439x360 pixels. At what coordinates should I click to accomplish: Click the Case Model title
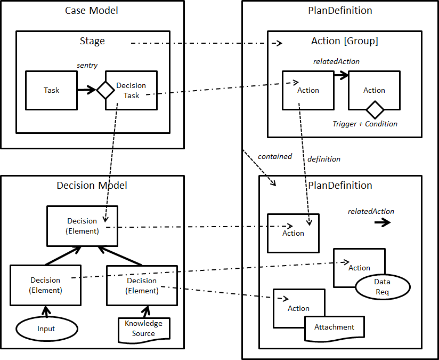tap(92, 11)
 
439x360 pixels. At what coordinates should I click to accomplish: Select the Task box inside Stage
tap(51, 90)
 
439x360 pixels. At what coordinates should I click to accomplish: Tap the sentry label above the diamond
tap(87, 65)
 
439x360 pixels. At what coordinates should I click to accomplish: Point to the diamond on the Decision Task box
tap(105, 90)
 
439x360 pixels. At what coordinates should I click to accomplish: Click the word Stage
tap(92, 41)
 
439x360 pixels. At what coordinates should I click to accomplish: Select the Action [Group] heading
tap(345, 41)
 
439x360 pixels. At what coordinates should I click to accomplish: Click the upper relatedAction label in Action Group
tap(336, 61)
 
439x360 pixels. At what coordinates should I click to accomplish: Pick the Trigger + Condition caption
tap(365, 124)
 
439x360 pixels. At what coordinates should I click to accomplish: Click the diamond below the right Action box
tap(375, 110)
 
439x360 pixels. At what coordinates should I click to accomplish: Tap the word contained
tap(275, 156)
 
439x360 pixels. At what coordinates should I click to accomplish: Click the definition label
tap(324, 159)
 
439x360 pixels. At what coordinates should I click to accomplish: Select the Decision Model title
tap(92, 186)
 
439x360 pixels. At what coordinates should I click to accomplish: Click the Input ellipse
tap(46, 329)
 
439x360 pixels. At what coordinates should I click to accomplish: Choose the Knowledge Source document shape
tap(143, 329)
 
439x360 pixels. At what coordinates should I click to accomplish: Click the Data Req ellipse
tap(382, 286)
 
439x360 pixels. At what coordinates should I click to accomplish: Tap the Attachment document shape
tap(335, 327)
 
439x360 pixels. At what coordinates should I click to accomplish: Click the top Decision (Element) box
tap(82, 226)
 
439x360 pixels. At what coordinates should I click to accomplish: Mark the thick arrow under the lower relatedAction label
tap(382, 223)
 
